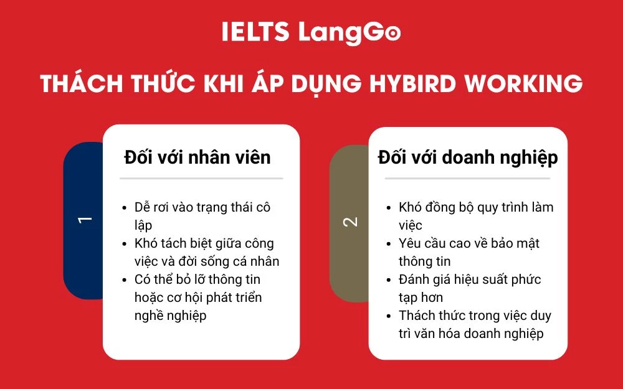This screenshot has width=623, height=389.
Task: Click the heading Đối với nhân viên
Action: [197, 157]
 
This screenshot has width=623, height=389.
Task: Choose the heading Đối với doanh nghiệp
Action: [468, 157]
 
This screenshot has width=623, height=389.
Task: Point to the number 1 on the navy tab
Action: [85, 220]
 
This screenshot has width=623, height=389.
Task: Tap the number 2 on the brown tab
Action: [351, 222]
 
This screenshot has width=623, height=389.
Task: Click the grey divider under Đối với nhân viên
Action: [201, 179]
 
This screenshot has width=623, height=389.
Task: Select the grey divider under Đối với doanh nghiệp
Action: [467, 179]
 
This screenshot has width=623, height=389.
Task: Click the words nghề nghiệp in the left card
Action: [170, 316]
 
